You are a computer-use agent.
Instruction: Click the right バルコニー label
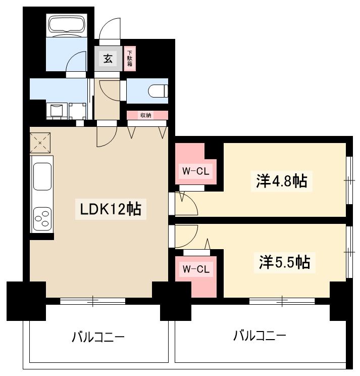(260, 335)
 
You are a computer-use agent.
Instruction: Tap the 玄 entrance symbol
(108, 59)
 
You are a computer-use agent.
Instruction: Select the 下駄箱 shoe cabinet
(130, 58)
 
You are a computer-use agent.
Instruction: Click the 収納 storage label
(146, 115)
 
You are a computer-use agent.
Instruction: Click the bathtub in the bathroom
(67, 25)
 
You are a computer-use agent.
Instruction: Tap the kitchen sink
(42, 178)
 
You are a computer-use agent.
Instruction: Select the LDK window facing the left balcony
(93, 301)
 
